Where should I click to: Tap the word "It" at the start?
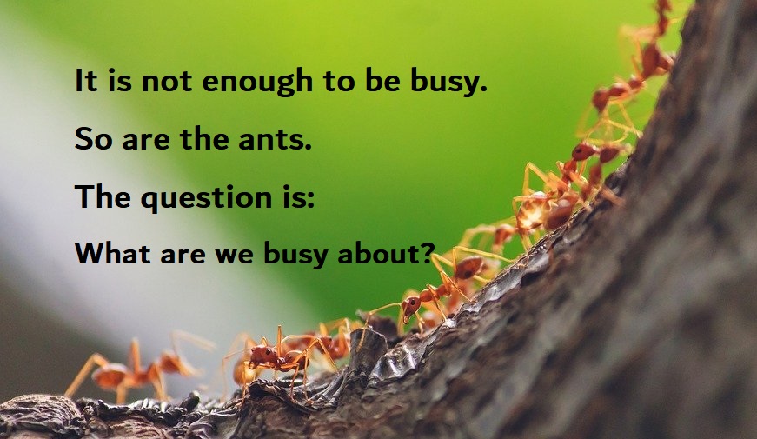83,82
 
